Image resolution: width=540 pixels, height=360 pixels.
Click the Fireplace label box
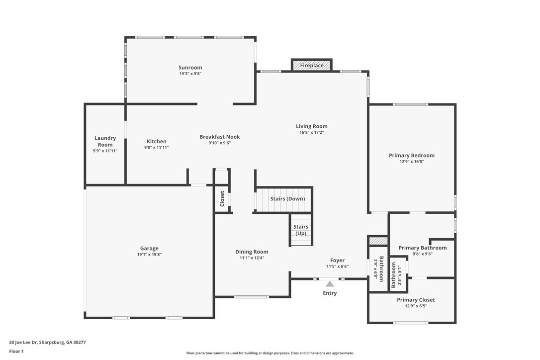pos(312,65)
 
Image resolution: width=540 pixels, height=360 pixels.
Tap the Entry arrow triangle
pos(330,284)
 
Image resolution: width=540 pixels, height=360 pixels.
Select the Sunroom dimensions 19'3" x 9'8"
pos(190,74)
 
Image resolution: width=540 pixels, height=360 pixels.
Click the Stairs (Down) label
pos(287,199)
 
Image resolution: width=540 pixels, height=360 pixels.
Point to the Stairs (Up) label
pos(301,230)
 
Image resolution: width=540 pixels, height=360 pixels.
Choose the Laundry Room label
pos(105,141)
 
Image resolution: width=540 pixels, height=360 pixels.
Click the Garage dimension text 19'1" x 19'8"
pos(149,255)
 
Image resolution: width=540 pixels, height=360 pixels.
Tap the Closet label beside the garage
pos(222,199)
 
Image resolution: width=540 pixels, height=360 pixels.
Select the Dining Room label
pos(252,252)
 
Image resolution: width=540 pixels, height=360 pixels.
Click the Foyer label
pos(337,260)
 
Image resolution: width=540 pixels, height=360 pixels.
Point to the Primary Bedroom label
pos(411,155)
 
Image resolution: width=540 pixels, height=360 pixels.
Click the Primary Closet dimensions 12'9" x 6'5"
pos(416,306)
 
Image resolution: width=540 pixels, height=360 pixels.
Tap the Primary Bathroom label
pos(422,248)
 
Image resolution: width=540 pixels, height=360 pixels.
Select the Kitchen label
pos(156,141)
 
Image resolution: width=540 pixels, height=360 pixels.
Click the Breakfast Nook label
pos(219,137)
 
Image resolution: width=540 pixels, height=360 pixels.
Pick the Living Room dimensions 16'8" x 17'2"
pos(312,132)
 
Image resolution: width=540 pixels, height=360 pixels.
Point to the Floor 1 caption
pos(16,351)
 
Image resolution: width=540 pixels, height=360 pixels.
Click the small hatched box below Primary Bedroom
pos(378,241)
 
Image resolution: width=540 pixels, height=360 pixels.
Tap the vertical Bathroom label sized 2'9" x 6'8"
pos(381,269)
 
